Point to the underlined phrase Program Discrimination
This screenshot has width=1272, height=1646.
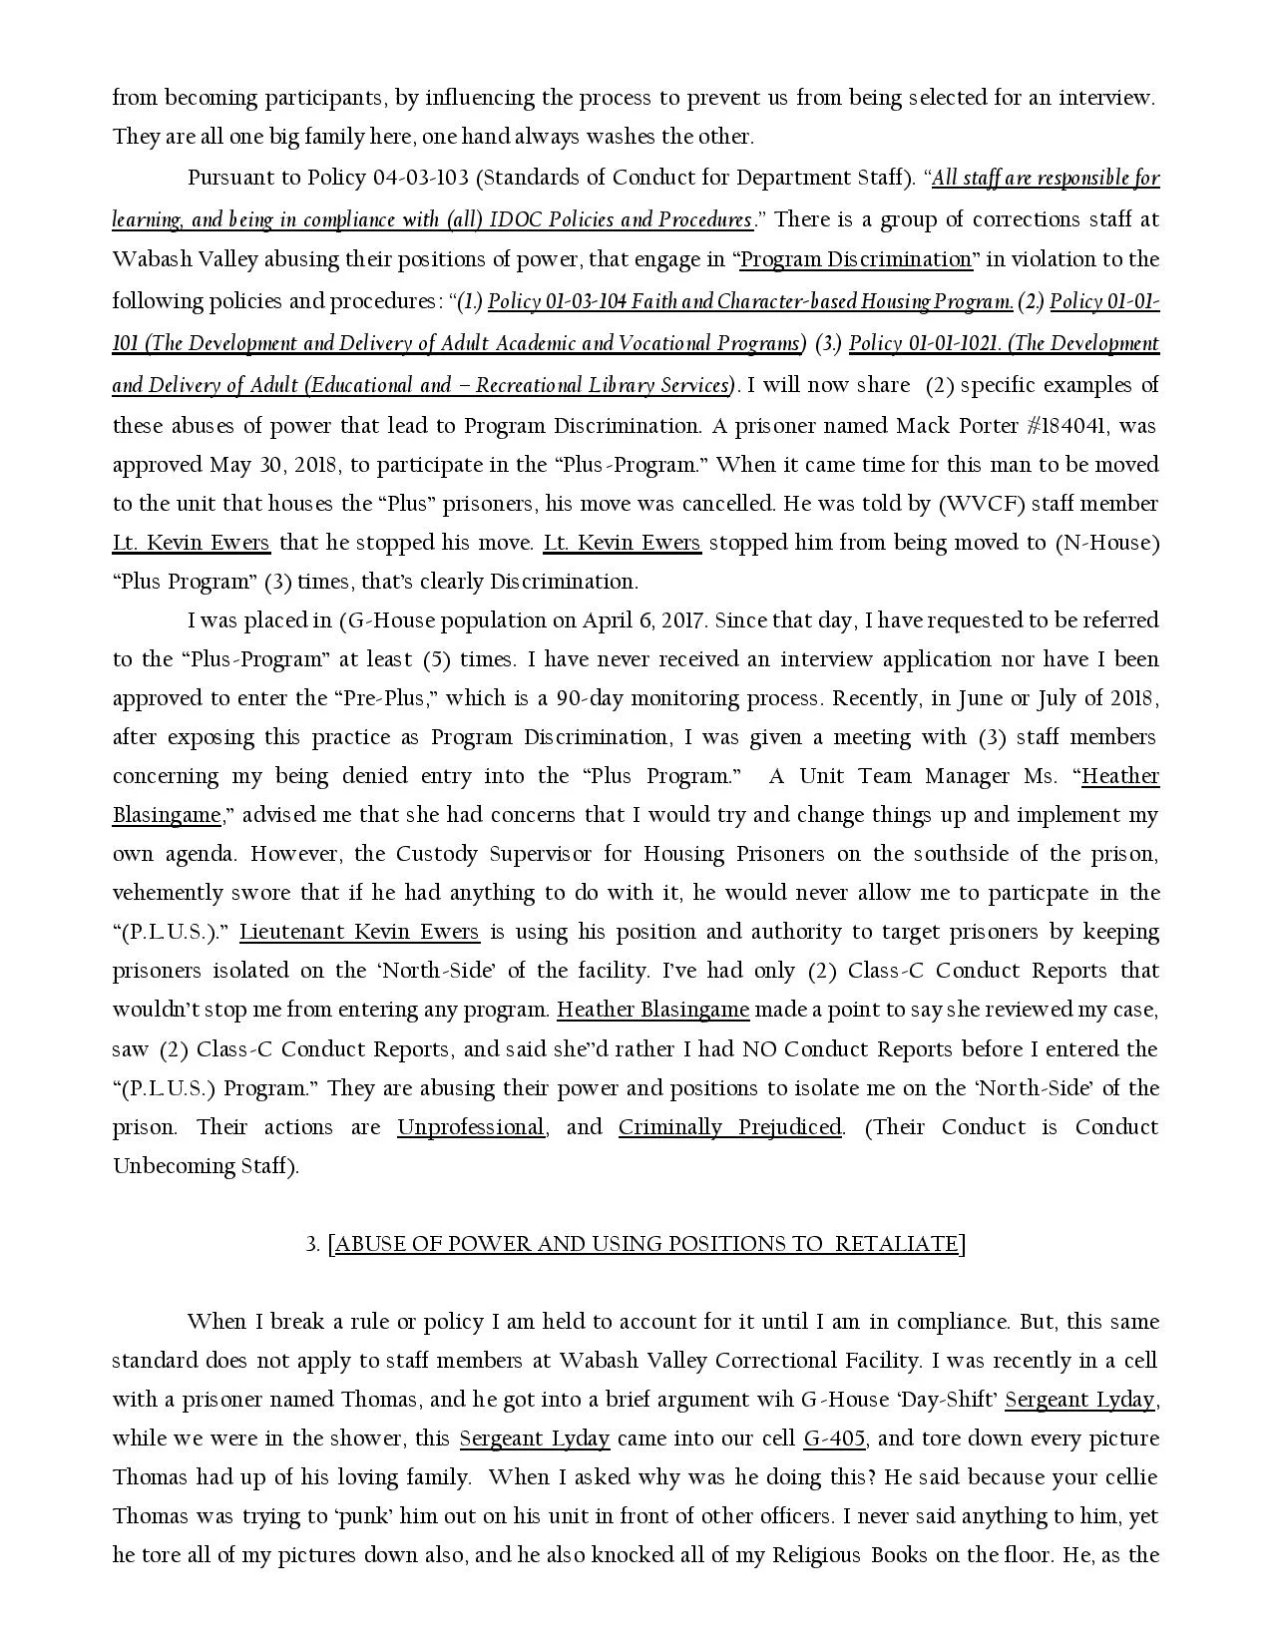[856, 260]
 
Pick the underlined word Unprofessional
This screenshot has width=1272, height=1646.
[471, 1127]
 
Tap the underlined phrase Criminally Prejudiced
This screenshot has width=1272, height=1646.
[729, 1127]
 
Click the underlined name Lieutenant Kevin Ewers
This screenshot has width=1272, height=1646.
[359, 932]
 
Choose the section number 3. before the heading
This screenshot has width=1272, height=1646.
[312, 1244]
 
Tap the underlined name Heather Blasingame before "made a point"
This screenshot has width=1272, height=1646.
[652, 1010]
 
